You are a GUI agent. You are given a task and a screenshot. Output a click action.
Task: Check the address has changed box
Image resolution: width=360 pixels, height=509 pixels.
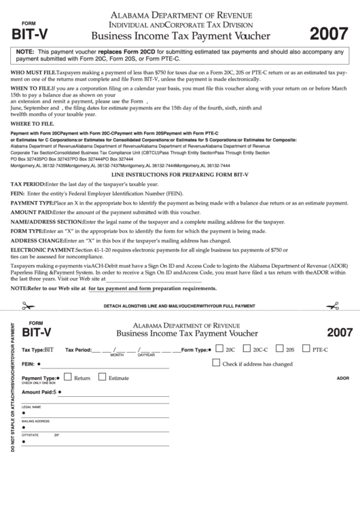click(216, 363)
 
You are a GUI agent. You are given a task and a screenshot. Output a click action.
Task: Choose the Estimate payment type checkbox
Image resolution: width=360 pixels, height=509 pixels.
click(102, 377)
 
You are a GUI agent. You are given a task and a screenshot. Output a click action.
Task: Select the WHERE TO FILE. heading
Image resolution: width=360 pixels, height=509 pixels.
click(30, 123)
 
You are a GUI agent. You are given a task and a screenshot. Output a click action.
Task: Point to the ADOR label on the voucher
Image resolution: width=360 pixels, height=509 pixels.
click(342, 378)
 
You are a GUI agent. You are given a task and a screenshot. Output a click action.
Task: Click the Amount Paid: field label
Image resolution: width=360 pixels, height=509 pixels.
click(37, 392)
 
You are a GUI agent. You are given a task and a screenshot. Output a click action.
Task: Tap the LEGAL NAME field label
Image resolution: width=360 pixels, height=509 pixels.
click(31, 407)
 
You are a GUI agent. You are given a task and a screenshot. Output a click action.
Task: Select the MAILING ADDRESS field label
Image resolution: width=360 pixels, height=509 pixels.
click(35, 421)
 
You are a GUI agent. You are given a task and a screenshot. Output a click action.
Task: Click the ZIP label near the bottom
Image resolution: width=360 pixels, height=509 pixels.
click(57, 434)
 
